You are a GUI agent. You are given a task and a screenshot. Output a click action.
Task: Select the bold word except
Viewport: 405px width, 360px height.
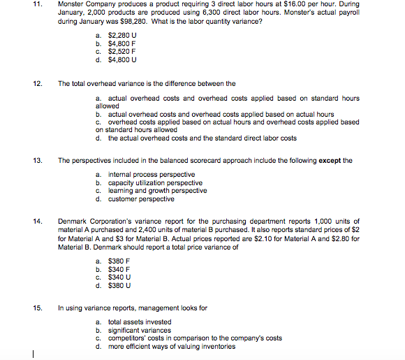(332, 159)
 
